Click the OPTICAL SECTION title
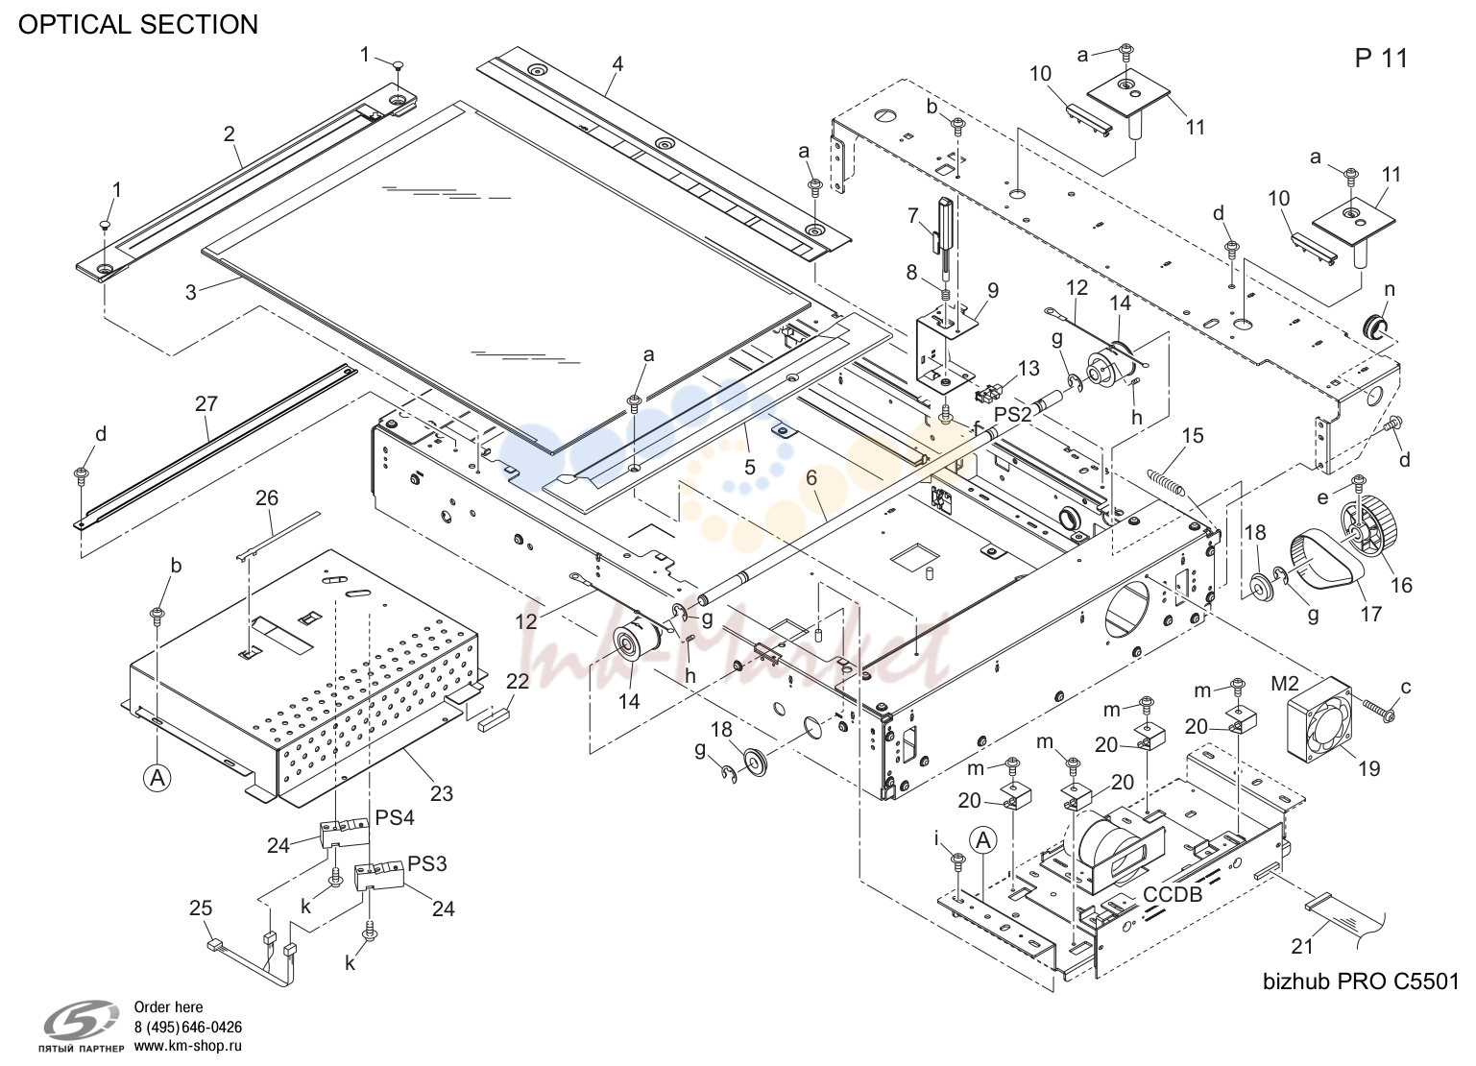pyautogui.click(x=137, y=25)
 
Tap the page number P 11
pyautogui.click(x=1381, y=58)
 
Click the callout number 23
pyautogui.click(x=441, y=793)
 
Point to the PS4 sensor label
pyautogui.click(x=395, y=817)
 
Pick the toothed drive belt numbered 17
pyautogui.click(x=1325, y=569)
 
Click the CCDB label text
pyautogui.click(x=1173, y=894)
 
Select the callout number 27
pyautogui.click(x=206, y=403)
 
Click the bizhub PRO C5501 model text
pyautogui.click(x=1361, y=981)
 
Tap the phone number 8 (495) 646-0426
pyautogui.click(x=188, y=1028)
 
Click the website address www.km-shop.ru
pyautogui.click(x=188, y=1046)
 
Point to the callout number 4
pyautogui.click(x=617, y=64)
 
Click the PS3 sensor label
pyautogui.click(x=427, y=863)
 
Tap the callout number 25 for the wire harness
pyautogui.click(x=201, y=908)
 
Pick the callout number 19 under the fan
pyautogui.click(x=1368, y=768)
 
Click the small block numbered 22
pyautogui.click(x=495, y=715)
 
